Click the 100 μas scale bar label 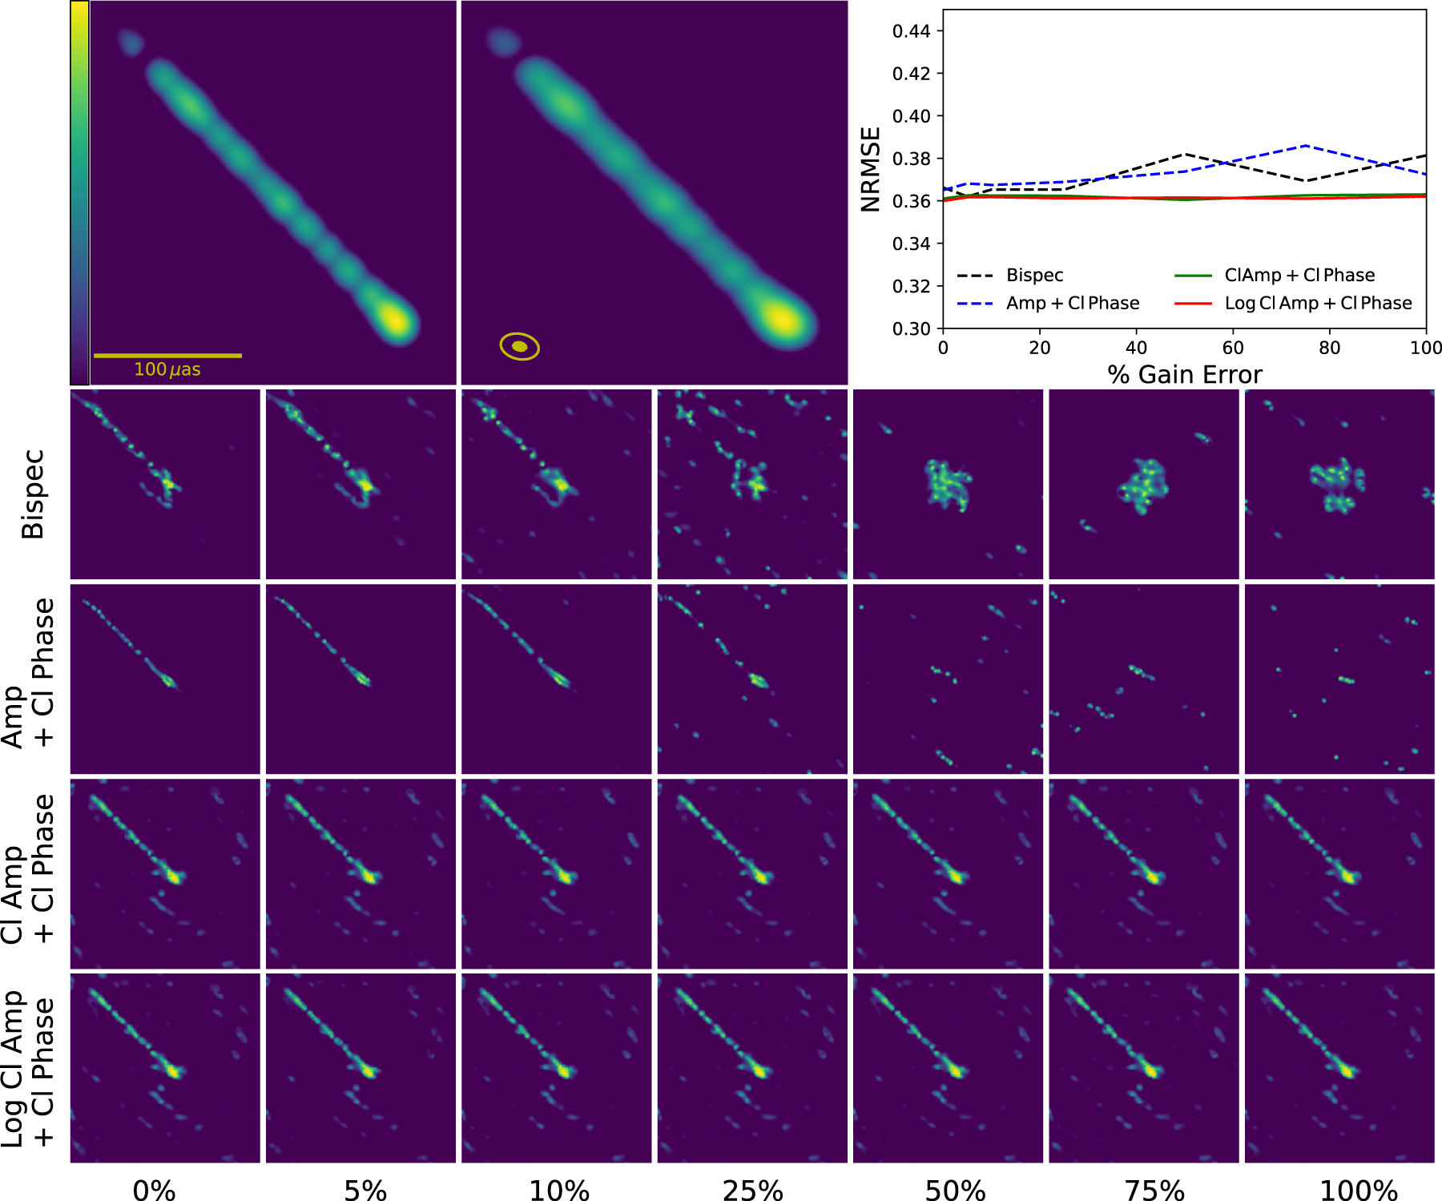click(x=167, y=369)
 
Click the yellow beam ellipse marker click(x=520, y=346)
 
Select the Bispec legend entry click(x=1034, y=276)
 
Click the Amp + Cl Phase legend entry click(x=1072, y=304)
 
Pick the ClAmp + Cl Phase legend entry click(x=1299, y=276)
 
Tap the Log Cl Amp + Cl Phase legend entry click(x=1317, y=304)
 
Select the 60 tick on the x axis click(x=1233, y=348)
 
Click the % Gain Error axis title click(x=1184, y=375)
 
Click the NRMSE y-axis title click(x=870, y=169)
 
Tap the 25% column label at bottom click(x=752, y=1191)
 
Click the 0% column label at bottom click(x=154, y=1191)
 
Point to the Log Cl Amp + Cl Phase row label click(x=28, y=1069)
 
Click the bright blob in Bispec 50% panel click(x=948, y=484)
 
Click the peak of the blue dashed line click(x=1307, y=146)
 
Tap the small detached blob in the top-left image click(x=129, y=41)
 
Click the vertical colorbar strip click(x=79, y=192)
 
